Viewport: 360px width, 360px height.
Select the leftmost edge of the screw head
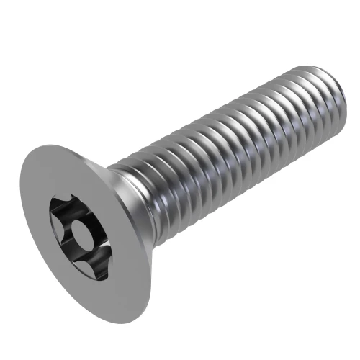[x=19, y=216]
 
